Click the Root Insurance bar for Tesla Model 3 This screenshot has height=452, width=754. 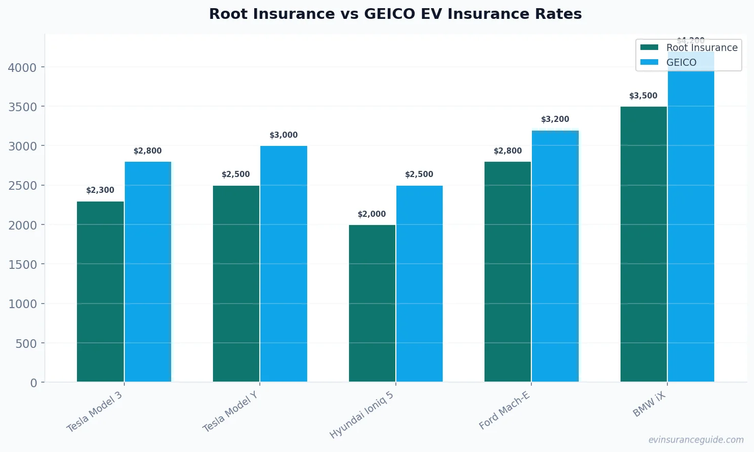click(100, 291)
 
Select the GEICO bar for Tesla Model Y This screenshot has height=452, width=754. click(284, 264)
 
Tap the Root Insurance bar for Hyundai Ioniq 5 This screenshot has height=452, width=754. click(372, 303)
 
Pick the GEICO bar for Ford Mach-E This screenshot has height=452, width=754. click(555, 256)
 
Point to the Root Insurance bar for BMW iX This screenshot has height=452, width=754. click(643, 244)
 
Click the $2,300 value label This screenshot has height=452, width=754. click(100, 190)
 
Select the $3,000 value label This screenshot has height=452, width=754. click(284, 135)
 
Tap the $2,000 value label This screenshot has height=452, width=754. click(372, 214)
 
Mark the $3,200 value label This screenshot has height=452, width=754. click(555, 119)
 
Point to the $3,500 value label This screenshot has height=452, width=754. click(643, 96)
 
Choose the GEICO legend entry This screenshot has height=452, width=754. click(681, 62)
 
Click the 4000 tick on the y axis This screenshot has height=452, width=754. click(22, 67)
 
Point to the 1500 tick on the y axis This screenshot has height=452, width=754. click(22, 264)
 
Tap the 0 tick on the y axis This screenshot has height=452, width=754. click(34, 383)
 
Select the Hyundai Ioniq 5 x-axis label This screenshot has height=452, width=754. click(362, 415)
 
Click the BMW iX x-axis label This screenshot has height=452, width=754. click(649, 405)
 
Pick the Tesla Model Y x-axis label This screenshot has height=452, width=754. click(230, 412)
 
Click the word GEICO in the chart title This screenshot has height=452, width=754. click(390, 14)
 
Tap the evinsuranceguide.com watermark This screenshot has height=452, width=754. click(696, 440)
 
